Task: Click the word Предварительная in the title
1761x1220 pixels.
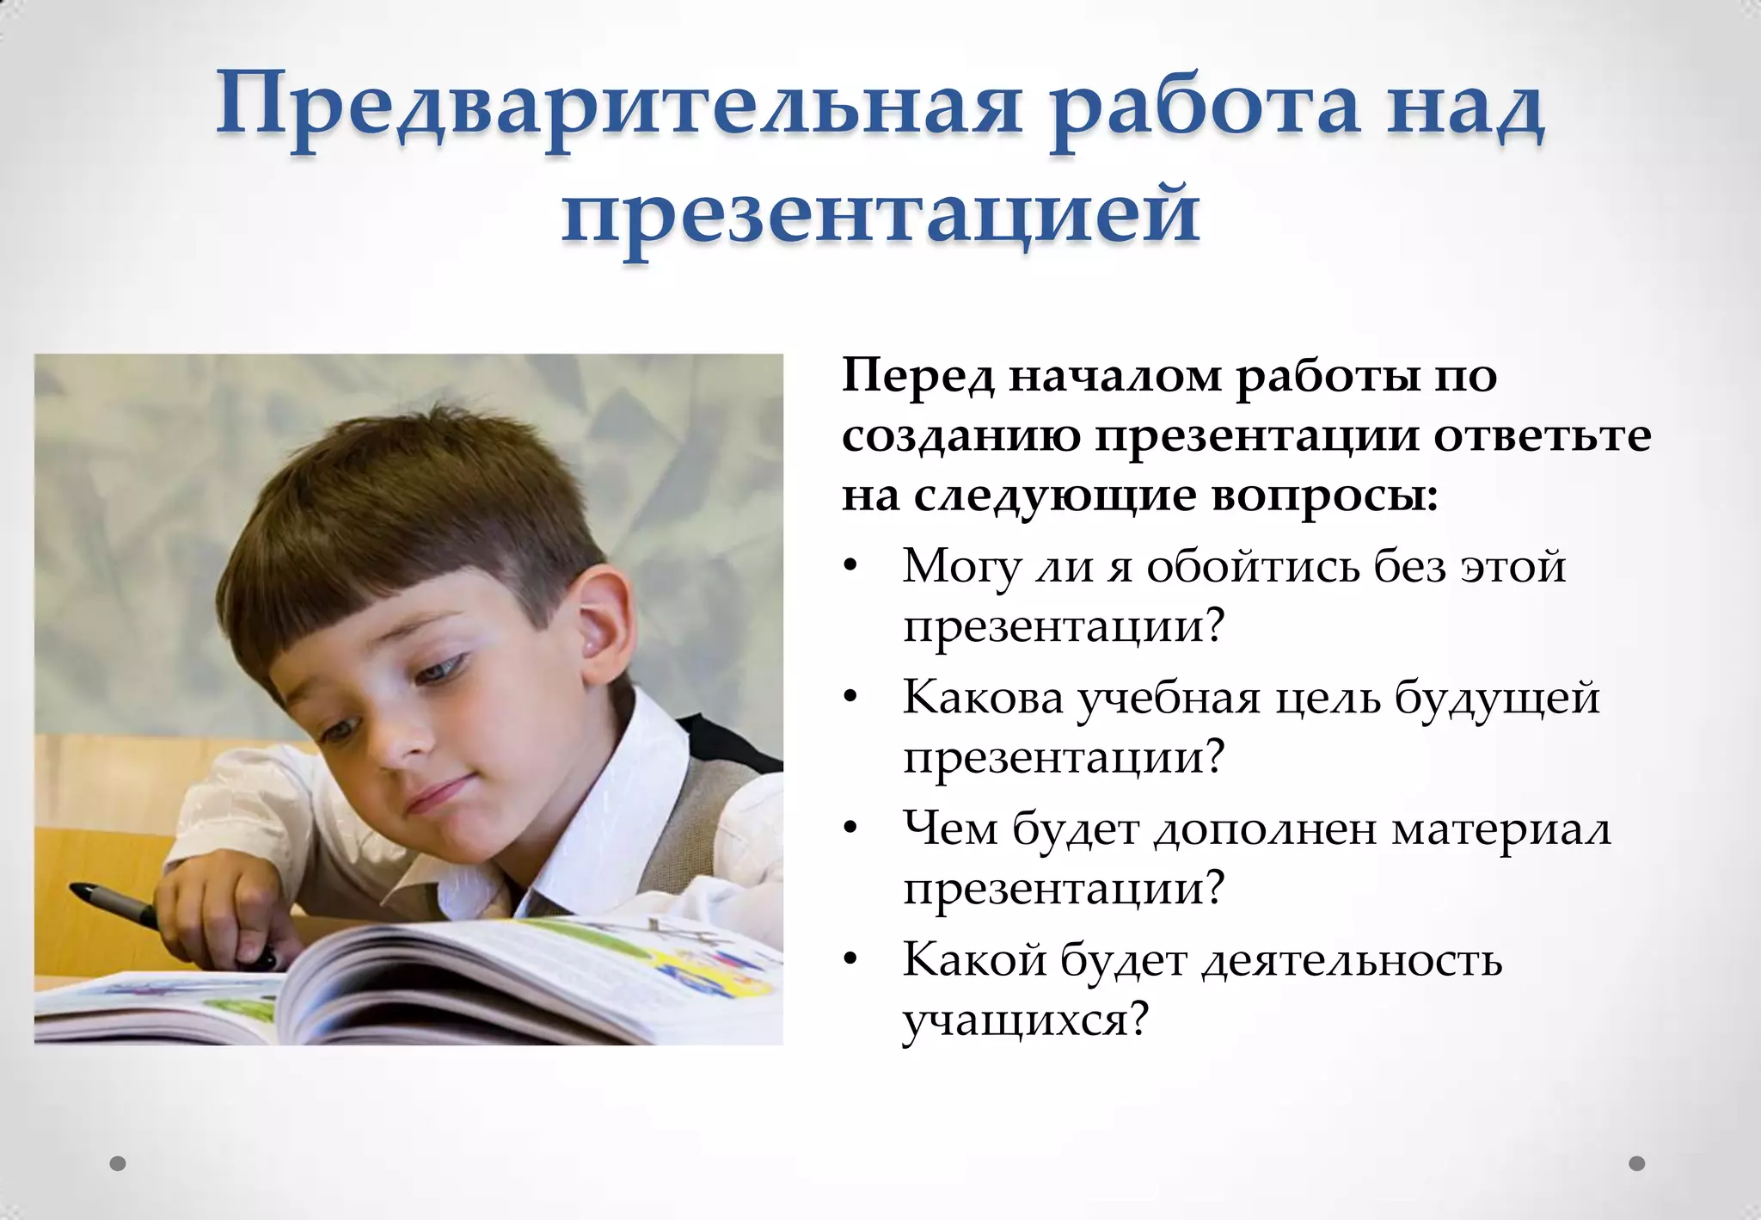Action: point(618,108)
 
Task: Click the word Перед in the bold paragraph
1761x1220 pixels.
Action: point(917,377)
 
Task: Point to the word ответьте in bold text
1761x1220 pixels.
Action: point(1543,435)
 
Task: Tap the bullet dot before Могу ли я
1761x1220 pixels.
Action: point(850,566)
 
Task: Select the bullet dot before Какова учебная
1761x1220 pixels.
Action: point(850,697)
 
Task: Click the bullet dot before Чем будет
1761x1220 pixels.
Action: point(850,829)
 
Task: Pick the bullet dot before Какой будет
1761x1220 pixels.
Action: point(850,959)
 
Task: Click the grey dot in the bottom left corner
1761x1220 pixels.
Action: point(118,1164)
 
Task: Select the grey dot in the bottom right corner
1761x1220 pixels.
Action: point(1637,1164)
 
